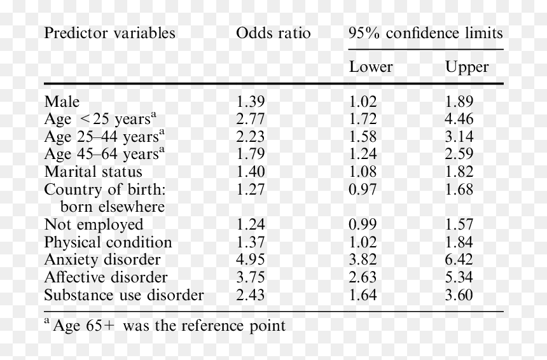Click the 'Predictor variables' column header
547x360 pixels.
[109, 33]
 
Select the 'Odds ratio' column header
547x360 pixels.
[273, 33]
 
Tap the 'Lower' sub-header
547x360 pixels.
[371, 67]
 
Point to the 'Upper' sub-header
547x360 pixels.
[467, 67]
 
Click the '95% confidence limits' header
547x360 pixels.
[426, 33]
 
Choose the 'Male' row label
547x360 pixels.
[62, 102]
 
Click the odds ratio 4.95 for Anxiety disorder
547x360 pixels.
[251, 260]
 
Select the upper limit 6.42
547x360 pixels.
[459, 260]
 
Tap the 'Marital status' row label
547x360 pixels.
[93, 172]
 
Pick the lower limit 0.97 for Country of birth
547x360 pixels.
[363, 190]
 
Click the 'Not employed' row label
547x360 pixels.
[94, 225]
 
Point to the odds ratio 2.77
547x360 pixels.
[251, 119]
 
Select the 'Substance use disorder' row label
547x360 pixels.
[124, 295]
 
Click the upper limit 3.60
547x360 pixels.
[459, 295]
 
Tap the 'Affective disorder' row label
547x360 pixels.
[106, 277]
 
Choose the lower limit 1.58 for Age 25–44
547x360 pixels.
[363, 136]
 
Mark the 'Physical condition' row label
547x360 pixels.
[108, 242]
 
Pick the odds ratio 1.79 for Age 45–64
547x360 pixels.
[251, 154]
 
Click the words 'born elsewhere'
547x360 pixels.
[113, 207]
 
